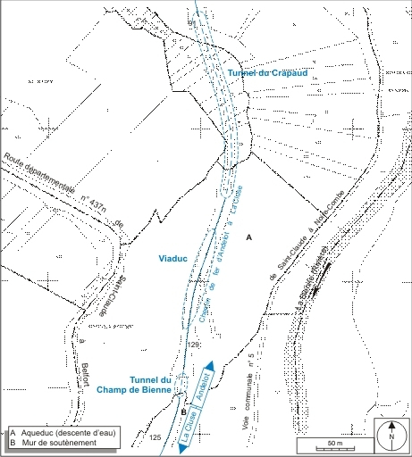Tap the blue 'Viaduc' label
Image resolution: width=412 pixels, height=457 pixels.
tap(172, 259)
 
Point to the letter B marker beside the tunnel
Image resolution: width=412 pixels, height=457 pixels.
tap(183, 412)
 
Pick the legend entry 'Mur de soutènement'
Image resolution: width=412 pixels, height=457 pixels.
tap(55, 443)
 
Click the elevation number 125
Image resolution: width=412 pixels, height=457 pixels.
tap(156, 437)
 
